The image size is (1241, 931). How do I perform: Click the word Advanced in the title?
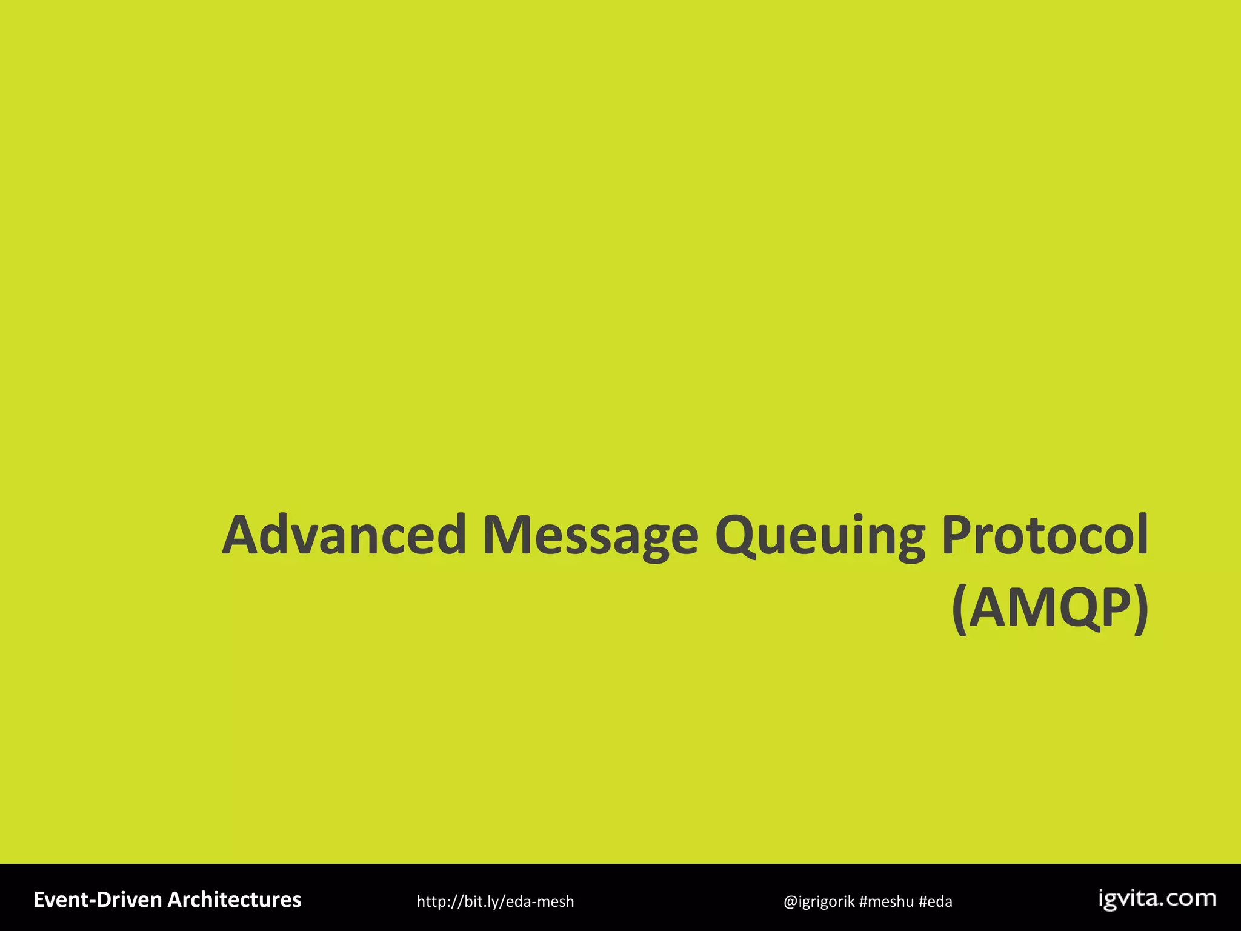tap(344, 535)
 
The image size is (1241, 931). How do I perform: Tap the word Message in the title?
tap(590, 535)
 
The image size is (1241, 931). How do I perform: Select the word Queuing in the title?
tap(819, 535)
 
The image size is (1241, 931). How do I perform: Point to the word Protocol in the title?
tap(1045, 535)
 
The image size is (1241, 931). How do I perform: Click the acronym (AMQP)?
tap(1050, 608)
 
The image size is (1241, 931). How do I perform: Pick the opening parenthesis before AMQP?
tap(959, 609)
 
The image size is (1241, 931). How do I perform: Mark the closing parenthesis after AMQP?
tap(1140, 609)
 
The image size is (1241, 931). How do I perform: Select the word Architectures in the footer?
tap(234, 899)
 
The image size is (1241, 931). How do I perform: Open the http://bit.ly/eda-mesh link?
tap(495, 901)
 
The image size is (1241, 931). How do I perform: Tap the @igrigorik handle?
tap(819, 901)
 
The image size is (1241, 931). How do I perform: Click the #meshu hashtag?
tap(886, 901)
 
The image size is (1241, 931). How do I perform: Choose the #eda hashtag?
tap(936, 901)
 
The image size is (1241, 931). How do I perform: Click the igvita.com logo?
tap(1157, 899)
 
